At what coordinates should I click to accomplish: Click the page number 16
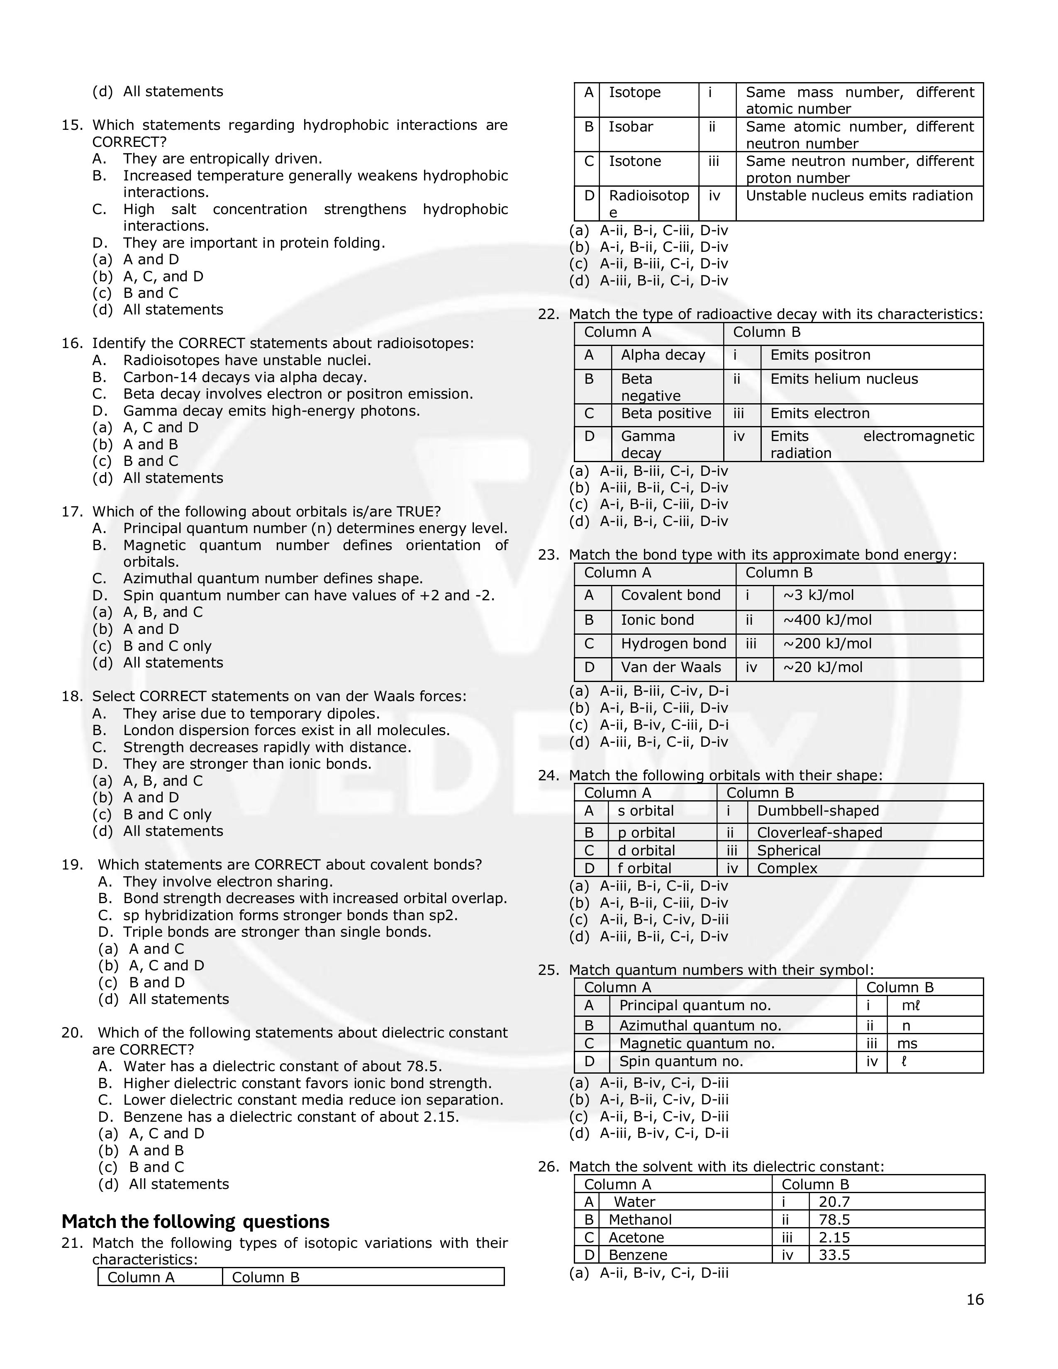[x=975, y=1299]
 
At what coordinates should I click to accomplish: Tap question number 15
[x=72, y=125]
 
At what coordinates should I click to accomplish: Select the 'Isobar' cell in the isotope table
[x=631, y=127]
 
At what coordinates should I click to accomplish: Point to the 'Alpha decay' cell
[x=663, y=356]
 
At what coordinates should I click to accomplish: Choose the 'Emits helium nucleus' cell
[x=843, y=379]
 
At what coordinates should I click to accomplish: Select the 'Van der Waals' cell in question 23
[x=670, y=667]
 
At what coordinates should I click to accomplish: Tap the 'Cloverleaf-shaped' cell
[x=819, y=833]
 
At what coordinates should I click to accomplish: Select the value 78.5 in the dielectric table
[x=834, y=1219]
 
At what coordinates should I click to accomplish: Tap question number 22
[x=549, y=315]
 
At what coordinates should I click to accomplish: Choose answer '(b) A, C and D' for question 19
[x=166, y=965]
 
